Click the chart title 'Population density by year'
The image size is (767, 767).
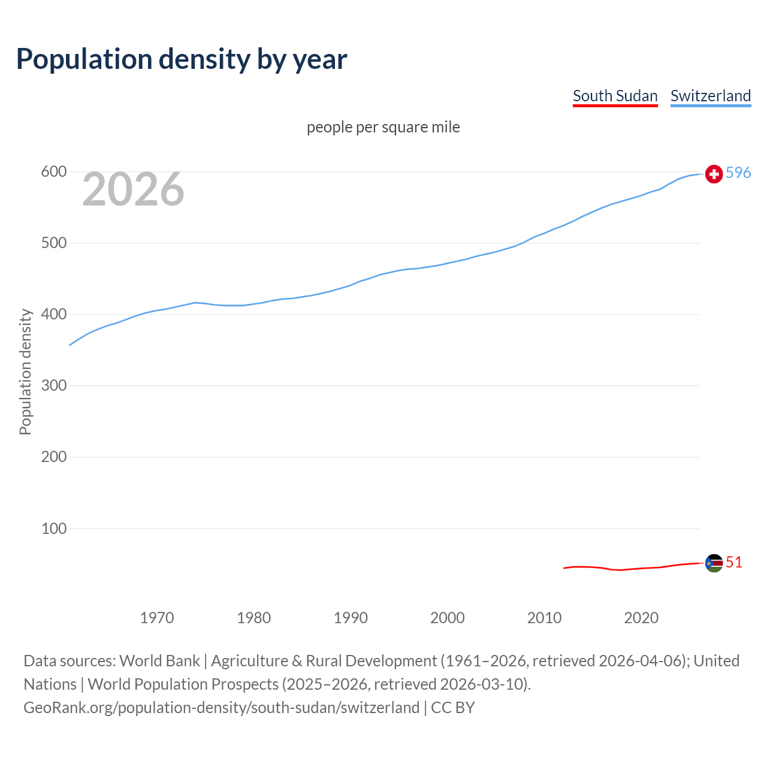click(182, 59)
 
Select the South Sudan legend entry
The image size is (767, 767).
click(615, 96)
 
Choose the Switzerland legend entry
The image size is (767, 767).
click(710, 96)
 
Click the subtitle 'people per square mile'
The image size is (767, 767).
click(383, 128)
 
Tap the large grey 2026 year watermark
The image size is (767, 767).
click(133, 189)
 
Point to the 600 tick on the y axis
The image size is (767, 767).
click(53, 172)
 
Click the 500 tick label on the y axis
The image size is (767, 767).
click(53, 243)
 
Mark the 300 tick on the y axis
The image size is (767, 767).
click(53, 386)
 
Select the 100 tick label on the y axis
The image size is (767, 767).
click(53, 529)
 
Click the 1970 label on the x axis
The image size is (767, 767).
click(157, 618)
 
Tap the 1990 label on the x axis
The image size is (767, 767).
click(351, 618)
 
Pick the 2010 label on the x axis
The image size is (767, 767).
click(544, 618)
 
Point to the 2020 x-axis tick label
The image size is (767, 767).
click(641, 618)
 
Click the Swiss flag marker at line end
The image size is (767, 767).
click(714, 174)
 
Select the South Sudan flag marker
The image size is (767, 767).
click(714, 563)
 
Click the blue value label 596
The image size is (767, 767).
click(738, 173)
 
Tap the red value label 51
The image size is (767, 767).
click(734, 563)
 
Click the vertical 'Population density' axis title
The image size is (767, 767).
click(25, 372)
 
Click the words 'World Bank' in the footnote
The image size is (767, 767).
click(159, 661)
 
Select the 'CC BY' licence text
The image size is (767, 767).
click(453, 708)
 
